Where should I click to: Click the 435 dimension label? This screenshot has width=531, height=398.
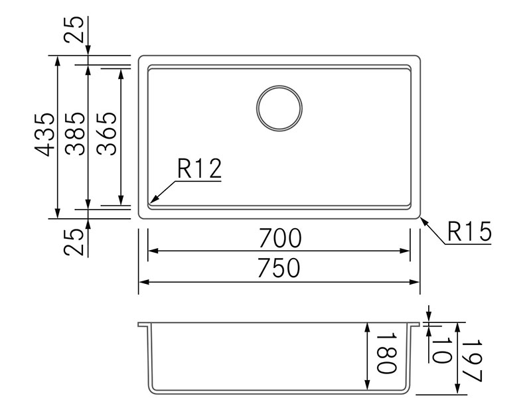coord(44,135)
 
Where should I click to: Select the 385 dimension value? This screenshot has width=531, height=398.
coord(75,134)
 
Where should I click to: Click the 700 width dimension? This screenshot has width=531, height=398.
coord(279,238)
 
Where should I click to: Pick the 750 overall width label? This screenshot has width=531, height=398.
coord(279,268)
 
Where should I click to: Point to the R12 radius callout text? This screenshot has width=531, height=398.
coord(200,168)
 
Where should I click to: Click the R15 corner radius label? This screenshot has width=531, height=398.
coord(469,232)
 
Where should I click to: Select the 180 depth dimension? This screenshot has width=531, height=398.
coord(386,354)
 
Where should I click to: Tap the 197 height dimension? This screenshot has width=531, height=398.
coord(472,360)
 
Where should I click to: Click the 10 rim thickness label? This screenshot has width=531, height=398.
coord(441,350)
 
